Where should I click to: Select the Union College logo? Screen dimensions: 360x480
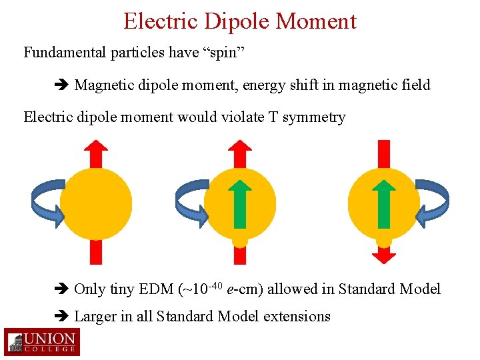click(x=41, y=341)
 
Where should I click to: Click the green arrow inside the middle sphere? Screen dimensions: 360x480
click(x=240, y=203)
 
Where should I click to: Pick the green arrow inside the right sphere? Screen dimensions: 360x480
click(x=383, y=203)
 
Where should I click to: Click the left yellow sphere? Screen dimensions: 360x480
click(x=96, y=204)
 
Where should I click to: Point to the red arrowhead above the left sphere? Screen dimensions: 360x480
click(x=96, y=147)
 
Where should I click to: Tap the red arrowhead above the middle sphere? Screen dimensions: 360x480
click(x=240, y=147)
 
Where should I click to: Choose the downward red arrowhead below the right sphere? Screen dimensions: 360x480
click(x=383, y=256)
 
